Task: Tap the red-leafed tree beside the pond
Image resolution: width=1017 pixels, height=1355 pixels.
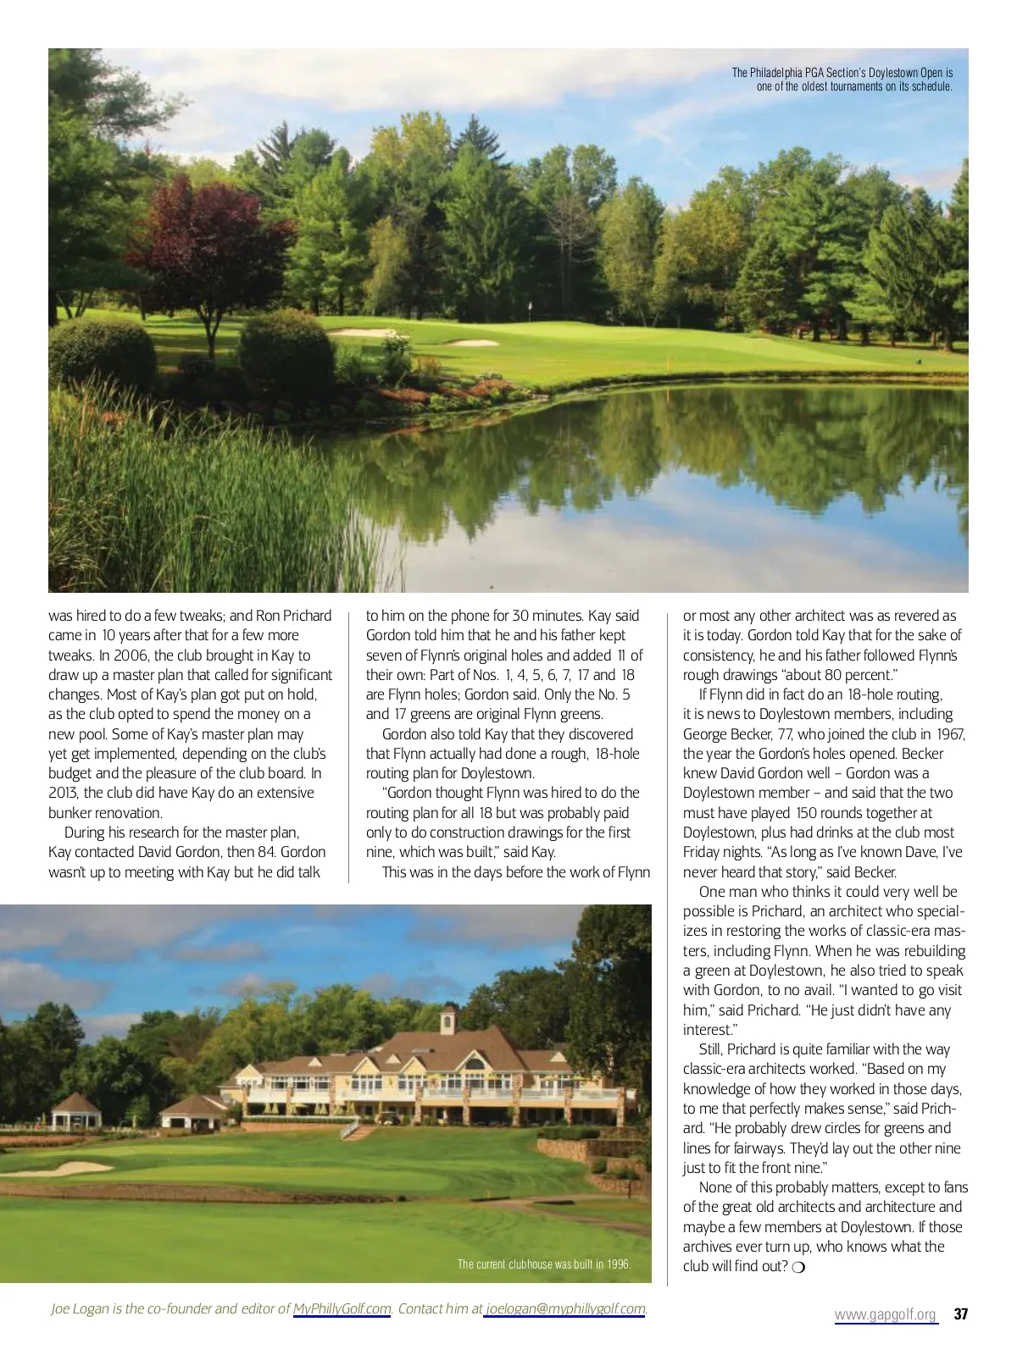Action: (208, 246)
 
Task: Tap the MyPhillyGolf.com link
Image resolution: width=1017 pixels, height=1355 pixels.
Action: (342, 1308)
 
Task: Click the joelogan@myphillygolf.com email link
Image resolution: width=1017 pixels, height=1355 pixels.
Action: (565, 1308)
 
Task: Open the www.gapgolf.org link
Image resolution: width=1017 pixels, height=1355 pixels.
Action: (886, 1314)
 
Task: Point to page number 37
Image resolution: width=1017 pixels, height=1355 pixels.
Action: (960, 1314)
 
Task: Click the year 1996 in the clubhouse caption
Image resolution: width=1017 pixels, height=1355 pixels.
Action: (619, 1264)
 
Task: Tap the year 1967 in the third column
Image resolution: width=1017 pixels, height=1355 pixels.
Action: (948, 734)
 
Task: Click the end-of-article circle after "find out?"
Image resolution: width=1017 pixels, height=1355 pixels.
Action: (797, 1267)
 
